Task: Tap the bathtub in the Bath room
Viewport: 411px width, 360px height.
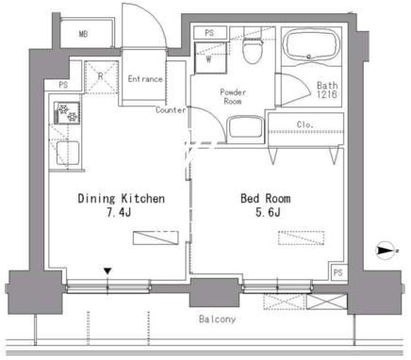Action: tap(311, 44)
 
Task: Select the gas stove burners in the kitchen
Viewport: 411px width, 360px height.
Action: tap(68, 112)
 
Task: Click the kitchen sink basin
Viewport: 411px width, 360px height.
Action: tap(68, 153)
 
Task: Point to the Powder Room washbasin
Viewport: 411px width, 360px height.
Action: tap(245, 127)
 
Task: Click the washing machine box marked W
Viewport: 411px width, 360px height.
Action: tap(210, 57)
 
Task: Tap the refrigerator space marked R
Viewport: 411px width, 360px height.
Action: tap(101, 77)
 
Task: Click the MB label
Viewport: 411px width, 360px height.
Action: tap(83, 34)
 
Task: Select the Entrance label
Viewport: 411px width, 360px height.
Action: tap(145, 79)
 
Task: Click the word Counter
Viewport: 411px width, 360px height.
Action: tap(171, 110)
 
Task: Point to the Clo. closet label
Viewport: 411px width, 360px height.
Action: tap(304, 124)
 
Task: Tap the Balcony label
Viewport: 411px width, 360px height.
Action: tap(217, 319)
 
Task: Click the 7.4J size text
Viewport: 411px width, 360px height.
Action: tap(119, 213)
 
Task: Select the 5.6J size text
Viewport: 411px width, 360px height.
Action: tap(268, 213)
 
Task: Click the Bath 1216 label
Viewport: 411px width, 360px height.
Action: tap(327, 90)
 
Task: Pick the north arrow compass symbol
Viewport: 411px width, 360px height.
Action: tap(386, 251)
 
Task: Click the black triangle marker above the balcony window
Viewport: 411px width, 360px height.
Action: tap(107, 271)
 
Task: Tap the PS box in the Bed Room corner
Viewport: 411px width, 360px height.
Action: tap(338, 271)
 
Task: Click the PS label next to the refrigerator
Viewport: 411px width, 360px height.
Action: tap(63, 85)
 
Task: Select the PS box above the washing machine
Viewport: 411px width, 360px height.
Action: tap(209, 33)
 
